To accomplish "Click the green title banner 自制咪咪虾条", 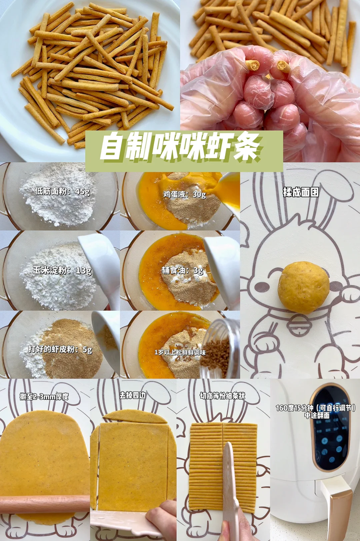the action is [x=184, y=151].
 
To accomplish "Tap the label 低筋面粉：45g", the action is [x=62, y=192].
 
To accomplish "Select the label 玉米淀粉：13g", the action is [x=62, y=271].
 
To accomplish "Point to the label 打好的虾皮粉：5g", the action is [x=60, y=349].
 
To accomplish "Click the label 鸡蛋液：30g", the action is [x=185, y=194].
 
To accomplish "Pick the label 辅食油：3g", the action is [x=182, y=271].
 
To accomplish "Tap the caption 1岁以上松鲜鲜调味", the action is [x=180, y=353].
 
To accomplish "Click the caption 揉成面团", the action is [x=301, y=193].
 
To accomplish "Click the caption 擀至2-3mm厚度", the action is [x=45, y=396].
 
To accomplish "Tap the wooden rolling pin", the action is [x=45, y=504].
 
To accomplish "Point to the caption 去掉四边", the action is [x=132, y=395].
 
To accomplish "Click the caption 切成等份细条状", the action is [x=222, y=396].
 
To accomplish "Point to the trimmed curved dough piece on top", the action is [x=135, y=416].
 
